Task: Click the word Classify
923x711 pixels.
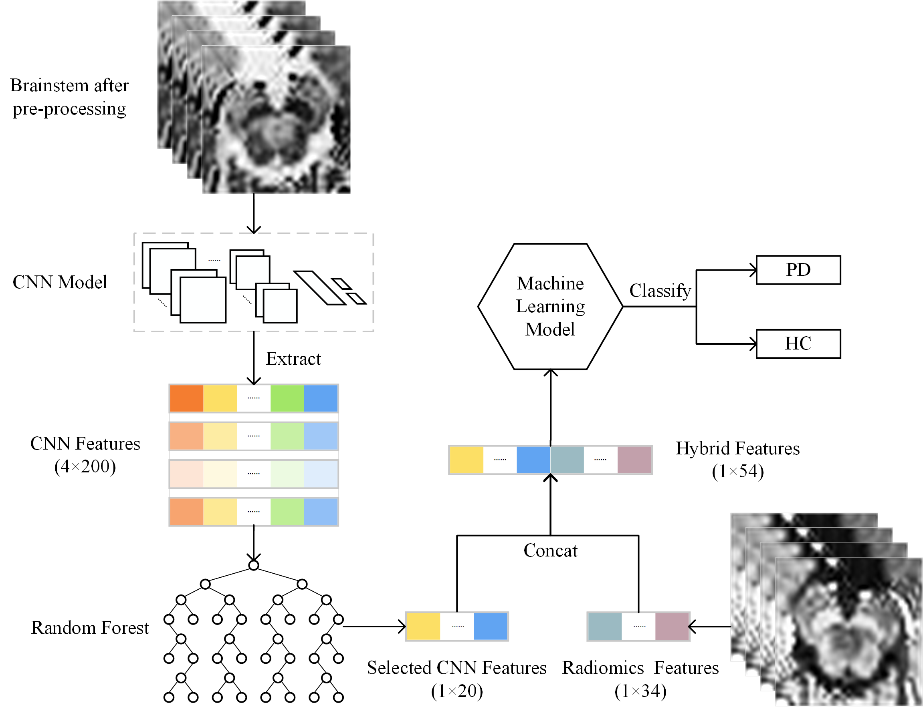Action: pyautogui.click(x=660, y=291)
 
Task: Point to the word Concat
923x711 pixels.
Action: pyautogui.click(x=550, y=550)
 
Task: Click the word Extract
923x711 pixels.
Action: pyautogui.click(x=293, y=359)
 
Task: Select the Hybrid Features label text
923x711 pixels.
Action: pyautogui.click(x=737, y=448)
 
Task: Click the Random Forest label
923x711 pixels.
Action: pyautogui.click(x=90, y=628)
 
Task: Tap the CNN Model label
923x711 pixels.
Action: pyautogui.click(x=60, y=282)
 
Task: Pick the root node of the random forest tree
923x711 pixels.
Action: pyautogui.click(x=254, y=565)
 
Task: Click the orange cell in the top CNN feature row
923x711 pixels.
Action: pyautogui.click(x=186, y=398)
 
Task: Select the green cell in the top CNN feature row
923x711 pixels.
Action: pyautogui.click(x=287, y=398)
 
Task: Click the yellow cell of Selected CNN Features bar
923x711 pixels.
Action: pyautogui.click(x=424, y=627)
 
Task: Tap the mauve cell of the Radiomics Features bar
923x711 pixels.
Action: pyautogui.click(x=673, y=627)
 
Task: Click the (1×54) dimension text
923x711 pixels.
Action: pyautogui.click(x=738, y=472)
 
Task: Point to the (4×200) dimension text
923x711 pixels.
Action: pyautogui.click(x=85, y=467)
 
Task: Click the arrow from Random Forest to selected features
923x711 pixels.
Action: pyautogui.click(x=374, y=627)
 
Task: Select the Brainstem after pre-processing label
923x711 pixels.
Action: pyautogui.click(x=69, y=97)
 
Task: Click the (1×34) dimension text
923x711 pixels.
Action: pyautogui.click(x=640, y=691)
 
